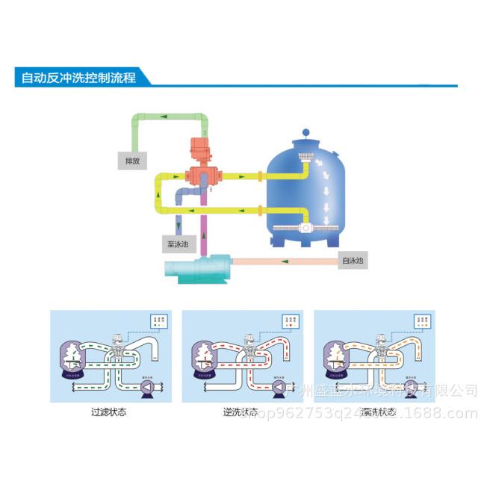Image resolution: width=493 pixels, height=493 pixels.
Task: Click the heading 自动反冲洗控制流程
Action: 78,77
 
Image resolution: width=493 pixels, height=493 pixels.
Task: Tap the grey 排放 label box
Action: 131,160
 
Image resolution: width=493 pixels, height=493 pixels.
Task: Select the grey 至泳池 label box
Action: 176,244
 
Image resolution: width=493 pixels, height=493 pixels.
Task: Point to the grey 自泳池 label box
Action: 352,261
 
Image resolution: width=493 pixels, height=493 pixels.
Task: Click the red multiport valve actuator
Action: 200,149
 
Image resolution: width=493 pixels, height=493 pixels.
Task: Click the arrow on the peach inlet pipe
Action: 284,261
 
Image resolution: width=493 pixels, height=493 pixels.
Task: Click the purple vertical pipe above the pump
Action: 200,232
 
